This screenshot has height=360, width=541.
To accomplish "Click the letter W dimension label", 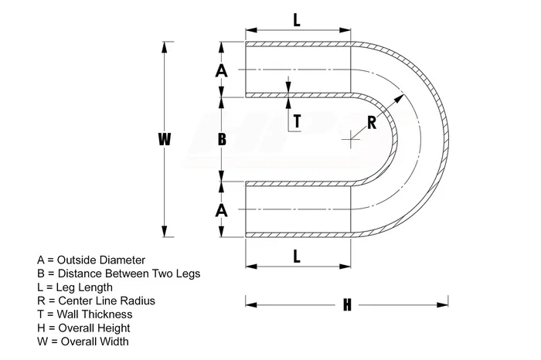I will pos(164,139).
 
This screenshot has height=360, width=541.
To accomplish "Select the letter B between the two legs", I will pos(222,139).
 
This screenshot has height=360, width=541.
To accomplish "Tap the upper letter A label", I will pos(222,70).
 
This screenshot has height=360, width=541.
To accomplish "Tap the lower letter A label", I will pos(222,209).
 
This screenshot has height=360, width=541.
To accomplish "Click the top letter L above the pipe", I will pos(297,21).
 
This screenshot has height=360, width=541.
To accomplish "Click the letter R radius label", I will pos(372,121).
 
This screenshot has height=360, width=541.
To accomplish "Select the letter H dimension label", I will pos(347,304).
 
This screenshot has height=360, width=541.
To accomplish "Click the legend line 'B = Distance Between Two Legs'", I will pos(118,273).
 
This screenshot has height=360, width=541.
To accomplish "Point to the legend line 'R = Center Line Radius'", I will pos(96,301).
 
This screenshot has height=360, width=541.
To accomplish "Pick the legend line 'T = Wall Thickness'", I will pos(84,314).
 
